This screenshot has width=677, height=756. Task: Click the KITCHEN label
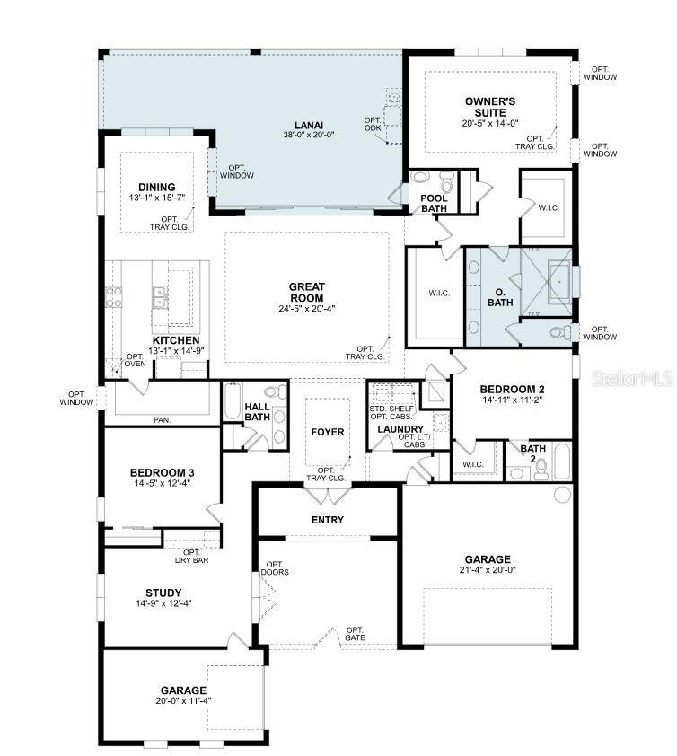(175, 340)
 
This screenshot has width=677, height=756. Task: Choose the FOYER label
(327, 432)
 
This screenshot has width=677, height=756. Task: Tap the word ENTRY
(327, 520)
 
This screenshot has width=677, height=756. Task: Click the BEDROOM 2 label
(513, 389)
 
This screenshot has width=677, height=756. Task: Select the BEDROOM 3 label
(162, 473)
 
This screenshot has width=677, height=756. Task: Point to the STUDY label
(163, 593)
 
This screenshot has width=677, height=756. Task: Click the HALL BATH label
(257, 412)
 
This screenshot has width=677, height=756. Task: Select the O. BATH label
(498, 297)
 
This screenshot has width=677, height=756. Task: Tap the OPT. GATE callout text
(356, 634)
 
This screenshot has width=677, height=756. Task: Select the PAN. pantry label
(162, 419)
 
